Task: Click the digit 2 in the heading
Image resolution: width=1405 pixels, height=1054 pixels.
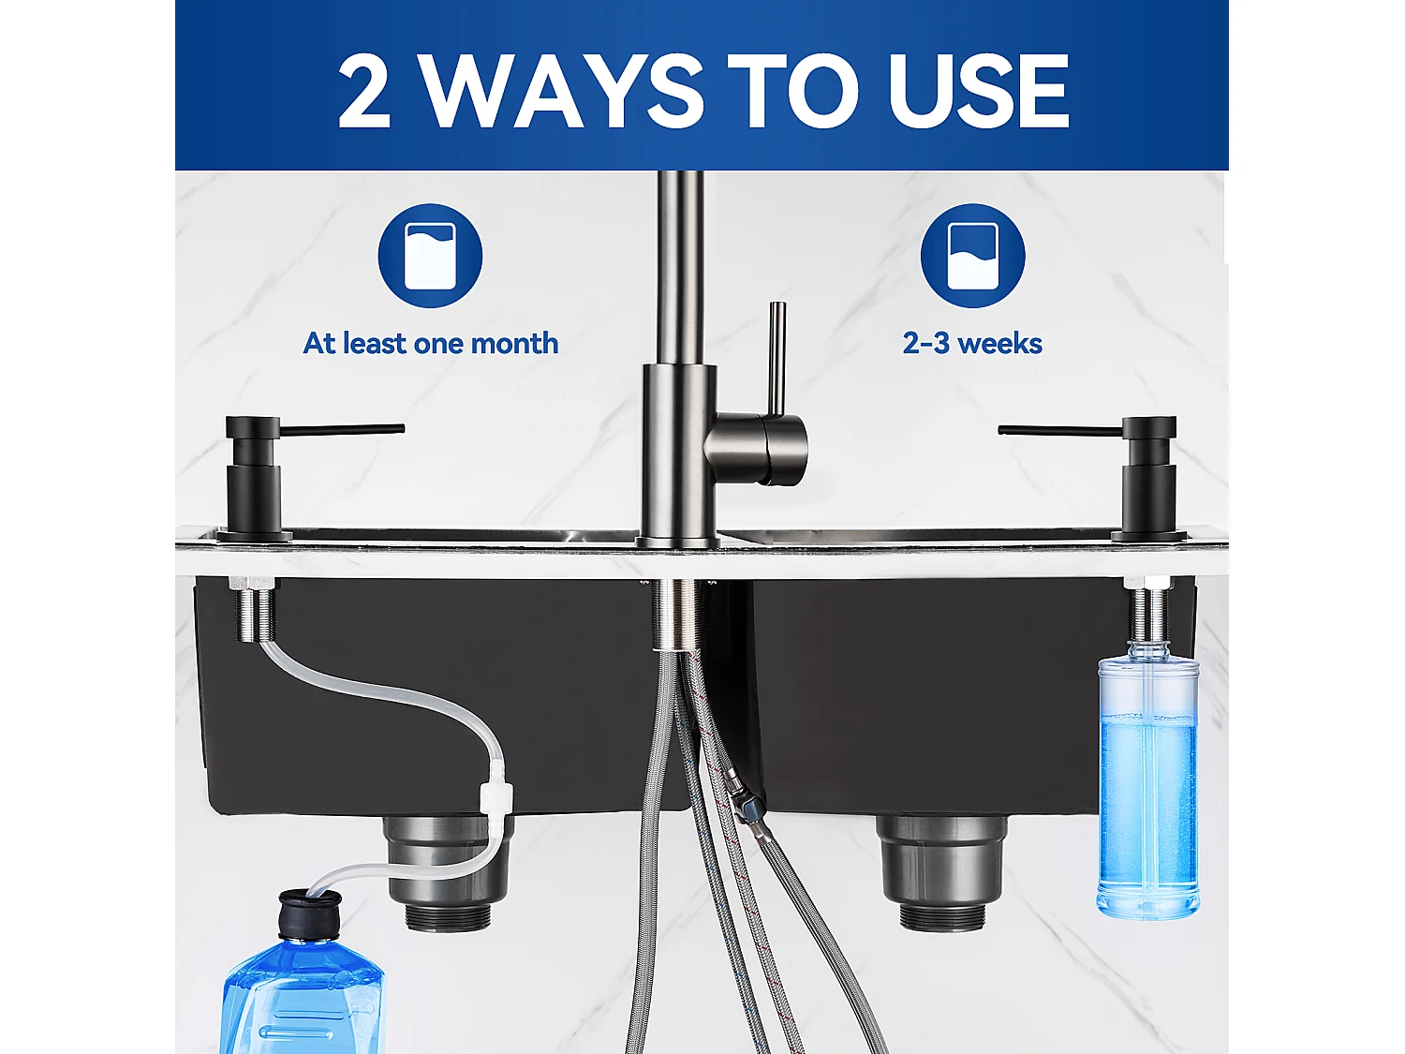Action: [363, 91]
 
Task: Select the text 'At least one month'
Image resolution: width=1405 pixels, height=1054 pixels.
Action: [430, 344]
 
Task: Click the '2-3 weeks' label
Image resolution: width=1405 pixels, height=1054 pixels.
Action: [972, 344]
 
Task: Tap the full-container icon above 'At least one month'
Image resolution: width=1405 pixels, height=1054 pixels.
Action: [430, 256]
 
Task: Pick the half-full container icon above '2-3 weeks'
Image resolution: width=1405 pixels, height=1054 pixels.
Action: [972, 256]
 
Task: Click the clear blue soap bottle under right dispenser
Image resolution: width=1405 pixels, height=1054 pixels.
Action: [1147, 787]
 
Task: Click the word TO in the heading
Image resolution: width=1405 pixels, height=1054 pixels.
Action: [792, 91]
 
